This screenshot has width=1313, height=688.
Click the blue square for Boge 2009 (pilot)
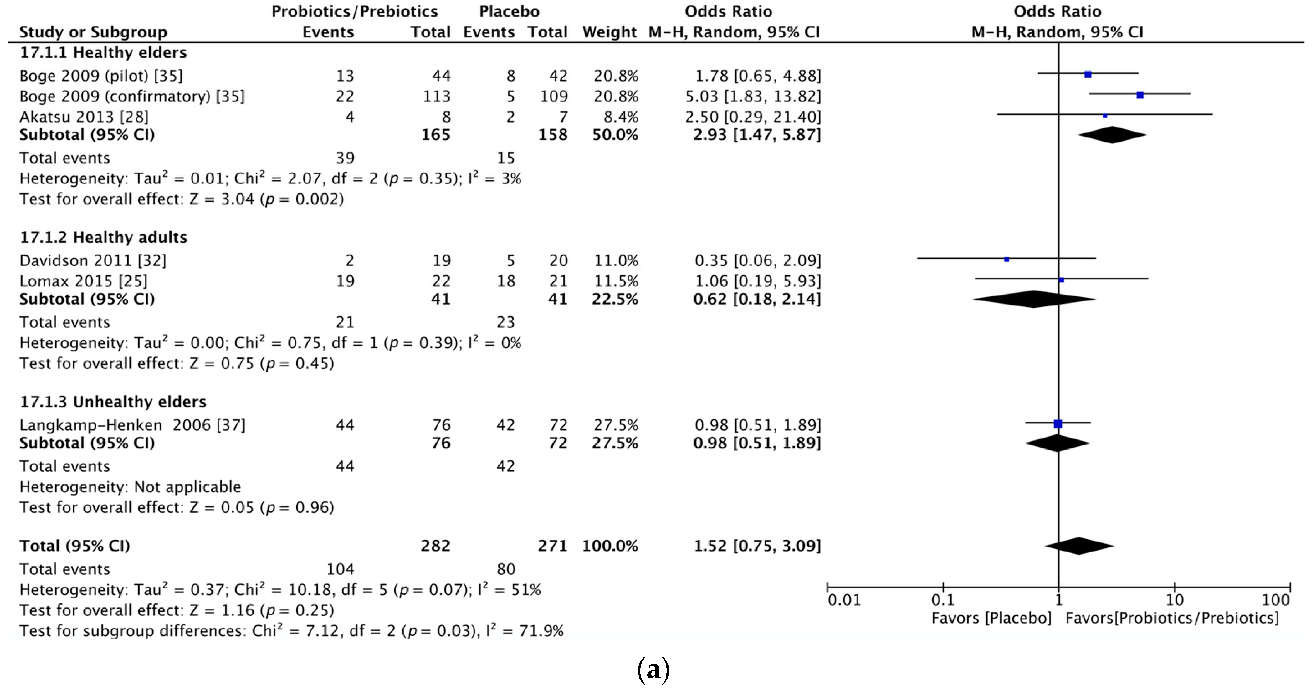1088,74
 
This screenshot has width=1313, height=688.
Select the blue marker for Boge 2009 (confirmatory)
1140,95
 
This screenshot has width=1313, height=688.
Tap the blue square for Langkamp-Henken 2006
1058,424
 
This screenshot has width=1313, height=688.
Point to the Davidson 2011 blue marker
1006,259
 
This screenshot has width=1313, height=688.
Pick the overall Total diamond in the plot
1079,546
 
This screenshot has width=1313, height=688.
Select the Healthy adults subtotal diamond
1034,299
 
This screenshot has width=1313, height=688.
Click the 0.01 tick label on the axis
844,600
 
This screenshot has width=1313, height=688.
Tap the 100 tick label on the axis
1275,600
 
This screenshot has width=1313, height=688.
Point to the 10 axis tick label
1174,600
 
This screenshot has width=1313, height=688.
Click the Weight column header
609,32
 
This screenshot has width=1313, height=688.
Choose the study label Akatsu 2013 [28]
84,117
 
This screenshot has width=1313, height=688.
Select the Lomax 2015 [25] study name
83,281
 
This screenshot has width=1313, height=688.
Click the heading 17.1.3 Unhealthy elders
113,402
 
